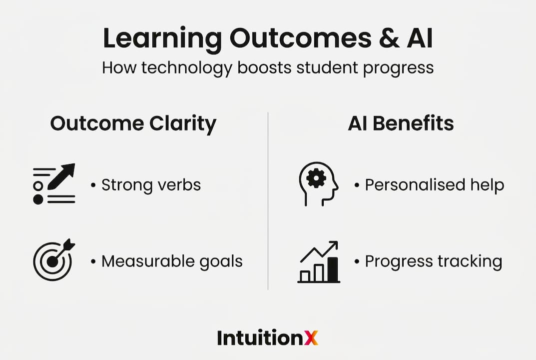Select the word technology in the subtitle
(187, 68)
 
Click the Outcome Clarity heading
(133, 123)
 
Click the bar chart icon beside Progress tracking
(319, 262)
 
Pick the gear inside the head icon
(316, 178)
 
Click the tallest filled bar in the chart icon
(333, 269)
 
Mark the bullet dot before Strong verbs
(93, 185)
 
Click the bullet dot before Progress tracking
(357, 262)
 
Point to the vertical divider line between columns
(268, 201)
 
